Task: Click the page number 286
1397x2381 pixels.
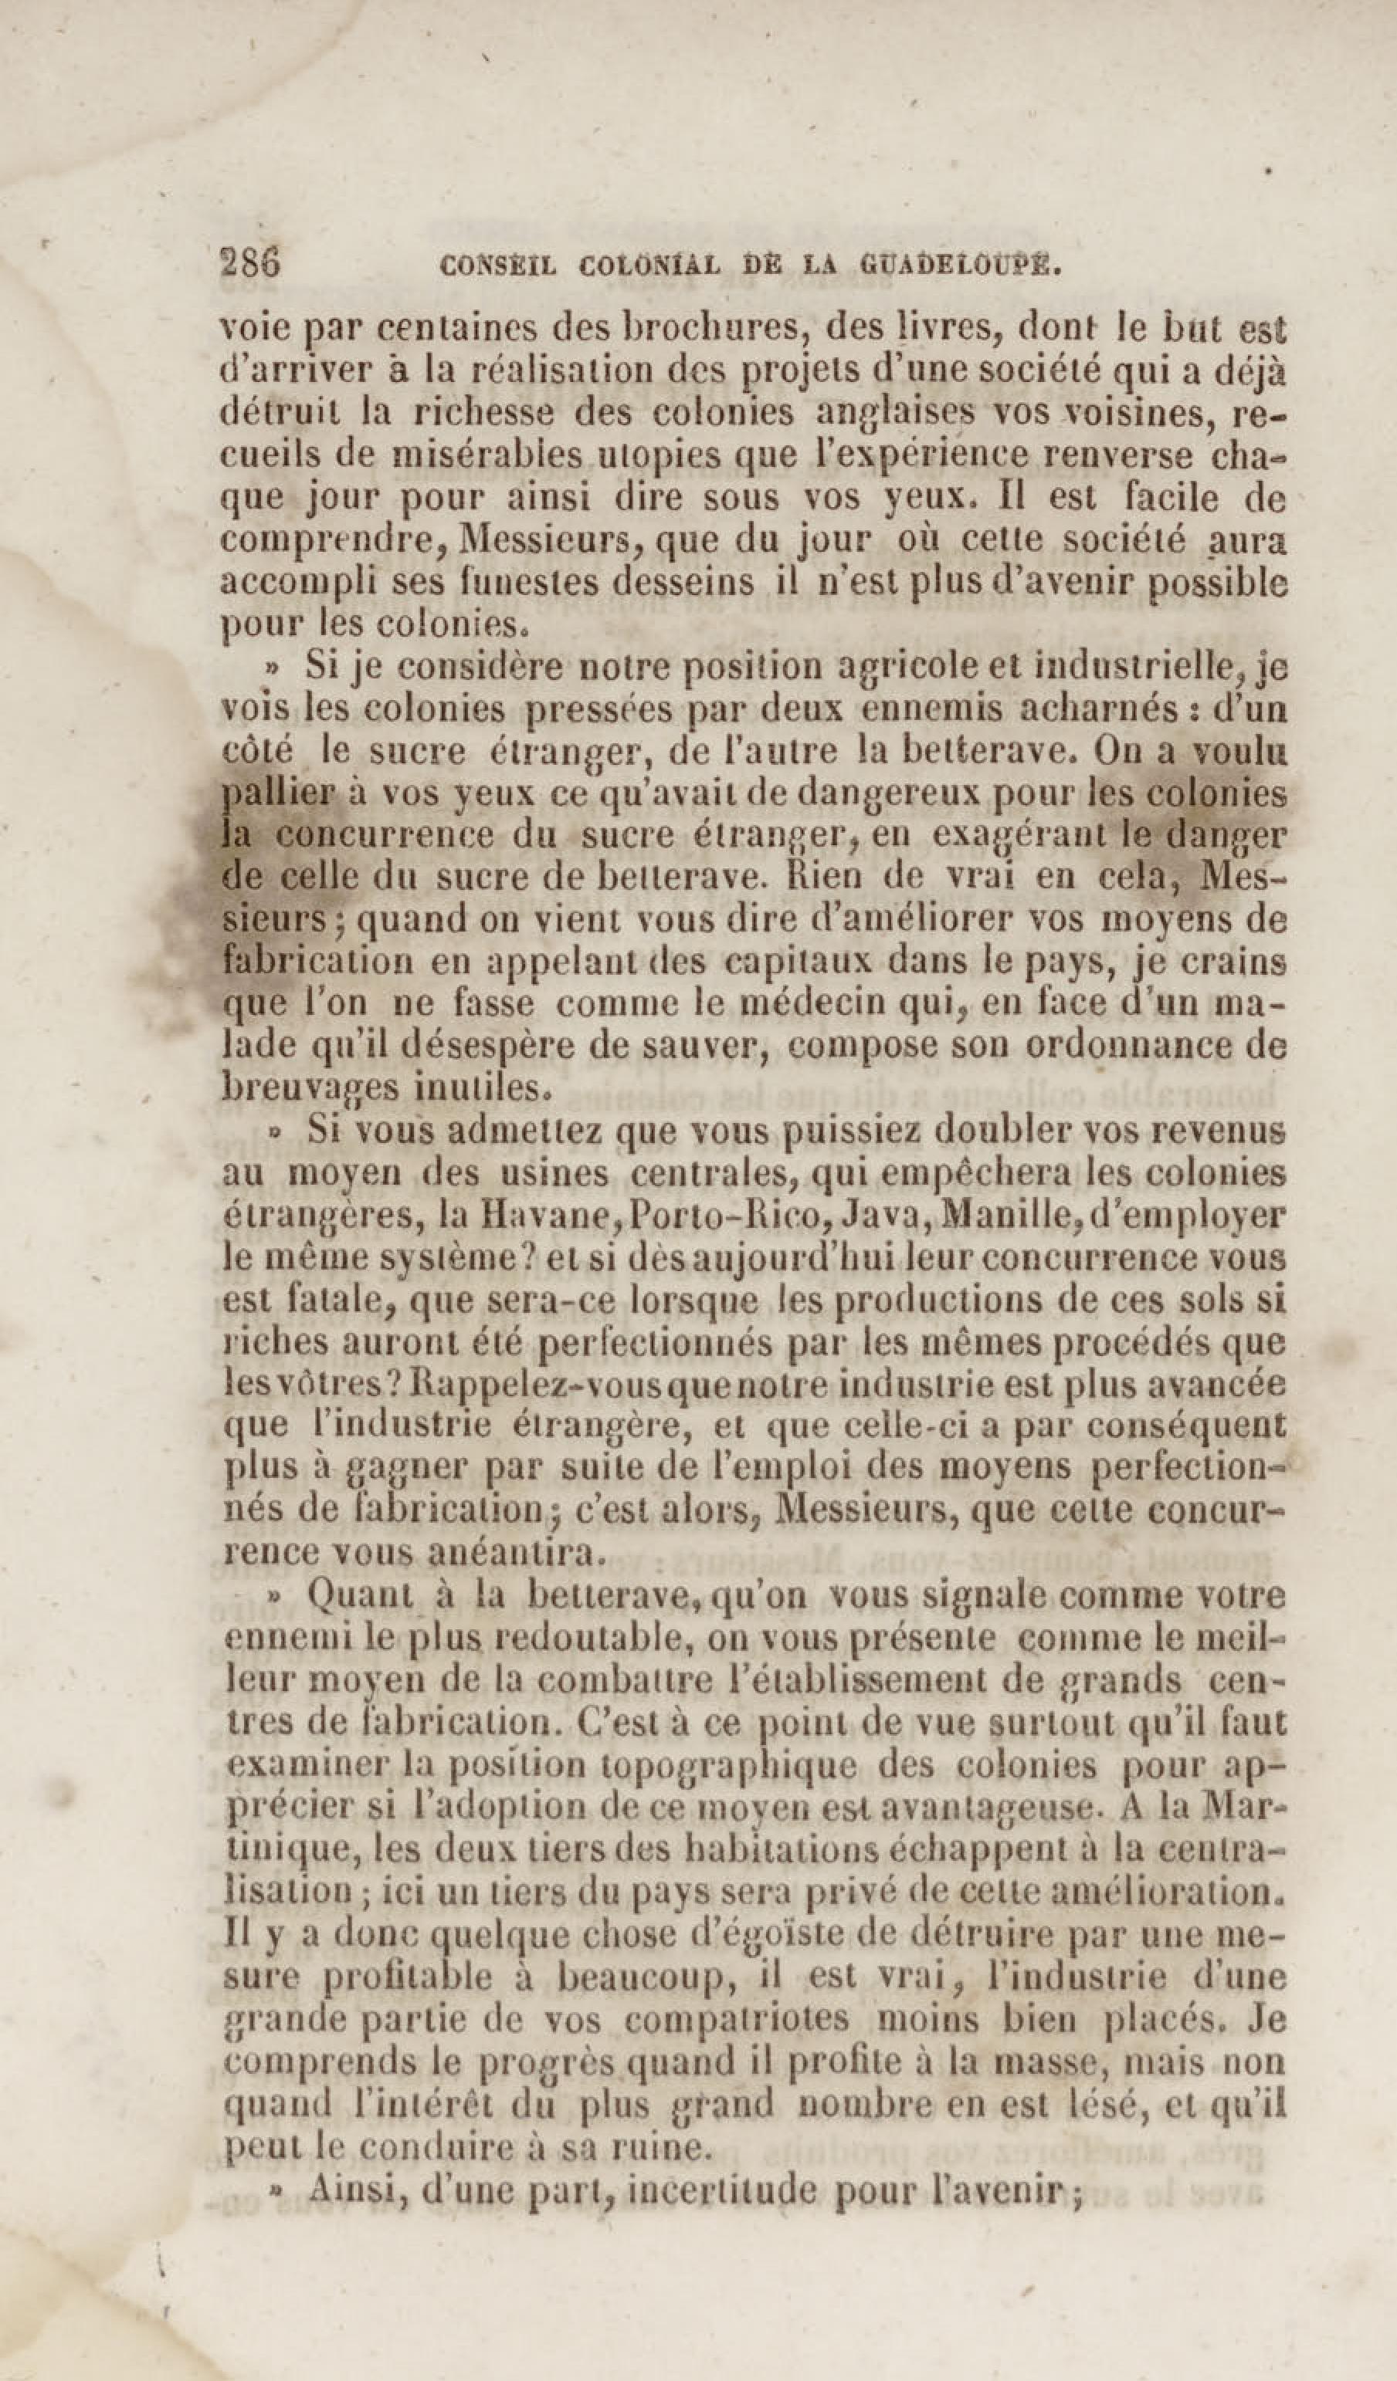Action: click(x=249, y=261)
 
